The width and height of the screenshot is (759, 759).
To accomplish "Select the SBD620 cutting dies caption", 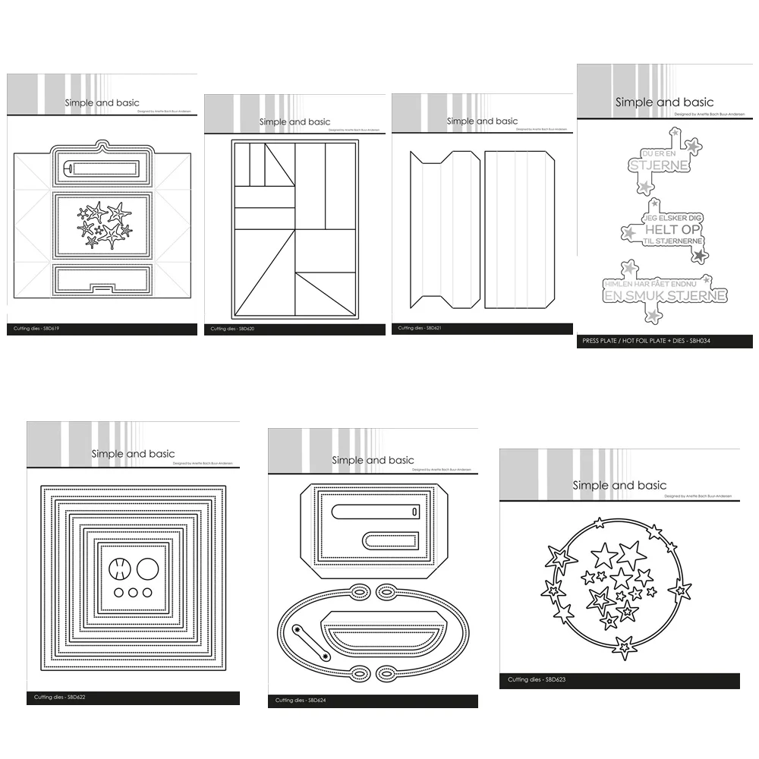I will click(x=231, y=329).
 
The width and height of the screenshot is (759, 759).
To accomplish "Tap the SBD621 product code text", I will click(x=418, y=328).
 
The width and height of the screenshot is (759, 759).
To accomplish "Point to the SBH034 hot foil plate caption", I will click(x=645, y=342).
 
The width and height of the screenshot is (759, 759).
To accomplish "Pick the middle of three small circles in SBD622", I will click(x=134, y=593).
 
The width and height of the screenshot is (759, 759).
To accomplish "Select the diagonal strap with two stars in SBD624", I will click(x=310, y=641).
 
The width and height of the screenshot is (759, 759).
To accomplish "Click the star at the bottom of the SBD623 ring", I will click(x=623, y=647).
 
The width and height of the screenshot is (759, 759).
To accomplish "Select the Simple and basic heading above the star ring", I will click(x=619, y=485).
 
